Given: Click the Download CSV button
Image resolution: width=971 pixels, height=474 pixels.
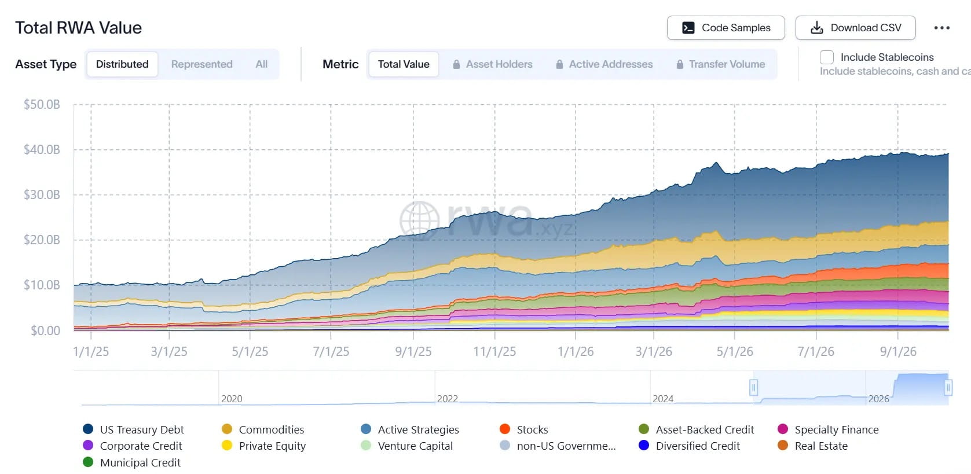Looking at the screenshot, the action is [855, 28].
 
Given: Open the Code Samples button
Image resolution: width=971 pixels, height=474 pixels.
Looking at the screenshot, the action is [725, 28].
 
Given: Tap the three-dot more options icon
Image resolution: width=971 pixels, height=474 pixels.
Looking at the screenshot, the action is [941, 28].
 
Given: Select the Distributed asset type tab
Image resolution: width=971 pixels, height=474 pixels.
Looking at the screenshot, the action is [122, 64].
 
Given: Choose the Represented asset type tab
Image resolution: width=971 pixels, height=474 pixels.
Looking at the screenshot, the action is [201, 64].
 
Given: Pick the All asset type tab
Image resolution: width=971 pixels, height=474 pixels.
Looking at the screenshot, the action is [261, 64].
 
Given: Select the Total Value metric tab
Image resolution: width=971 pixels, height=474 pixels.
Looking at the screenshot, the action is [404, 64].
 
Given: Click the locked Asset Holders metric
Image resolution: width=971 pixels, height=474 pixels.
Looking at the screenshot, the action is [492, 64].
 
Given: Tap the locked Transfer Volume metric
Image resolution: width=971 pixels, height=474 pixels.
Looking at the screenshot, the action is [720, 64].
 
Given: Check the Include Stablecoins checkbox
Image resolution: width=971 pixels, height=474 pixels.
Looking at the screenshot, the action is [827, 57].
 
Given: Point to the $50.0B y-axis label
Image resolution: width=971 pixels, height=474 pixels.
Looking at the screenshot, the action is [42, 104].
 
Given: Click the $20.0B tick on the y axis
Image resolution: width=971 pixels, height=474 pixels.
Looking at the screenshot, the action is [42, 240].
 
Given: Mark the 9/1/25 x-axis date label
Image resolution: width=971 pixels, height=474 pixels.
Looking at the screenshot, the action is [413, 351].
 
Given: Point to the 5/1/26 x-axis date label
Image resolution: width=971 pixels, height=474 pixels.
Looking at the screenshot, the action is [735, 351].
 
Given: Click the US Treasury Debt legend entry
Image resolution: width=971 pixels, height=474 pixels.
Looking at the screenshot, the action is [134, 429].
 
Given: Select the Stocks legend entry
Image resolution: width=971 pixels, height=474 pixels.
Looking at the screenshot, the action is [523, 429].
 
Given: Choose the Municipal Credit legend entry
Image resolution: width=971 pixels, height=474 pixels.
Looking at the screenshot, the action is [132, 462].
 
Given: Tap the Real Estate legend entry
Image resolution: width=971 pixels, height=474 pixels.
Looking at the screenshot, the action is [812, 446].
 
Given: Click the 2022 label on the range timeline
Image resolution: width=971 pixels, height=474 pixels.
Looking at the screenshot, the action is [448, 399].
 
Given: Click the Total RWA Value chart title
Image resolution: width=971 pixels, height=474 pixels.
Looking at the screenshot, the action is [79, 28].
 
